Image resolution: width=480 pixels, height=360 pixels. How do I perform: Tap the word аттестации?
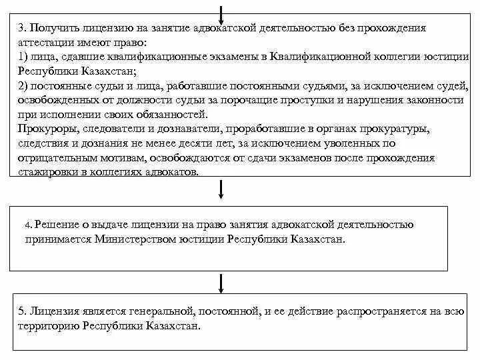(x=45, y=43)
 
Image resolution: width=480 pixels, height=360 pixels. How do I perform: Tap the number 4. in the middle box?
(x=28, y=225)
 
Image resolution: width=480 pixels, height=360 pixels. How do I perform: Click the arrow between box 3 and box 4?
(x=221, y=190)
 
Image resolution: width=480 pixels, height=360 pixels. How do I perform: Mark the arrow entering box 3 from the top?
(x=221, y=12)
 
